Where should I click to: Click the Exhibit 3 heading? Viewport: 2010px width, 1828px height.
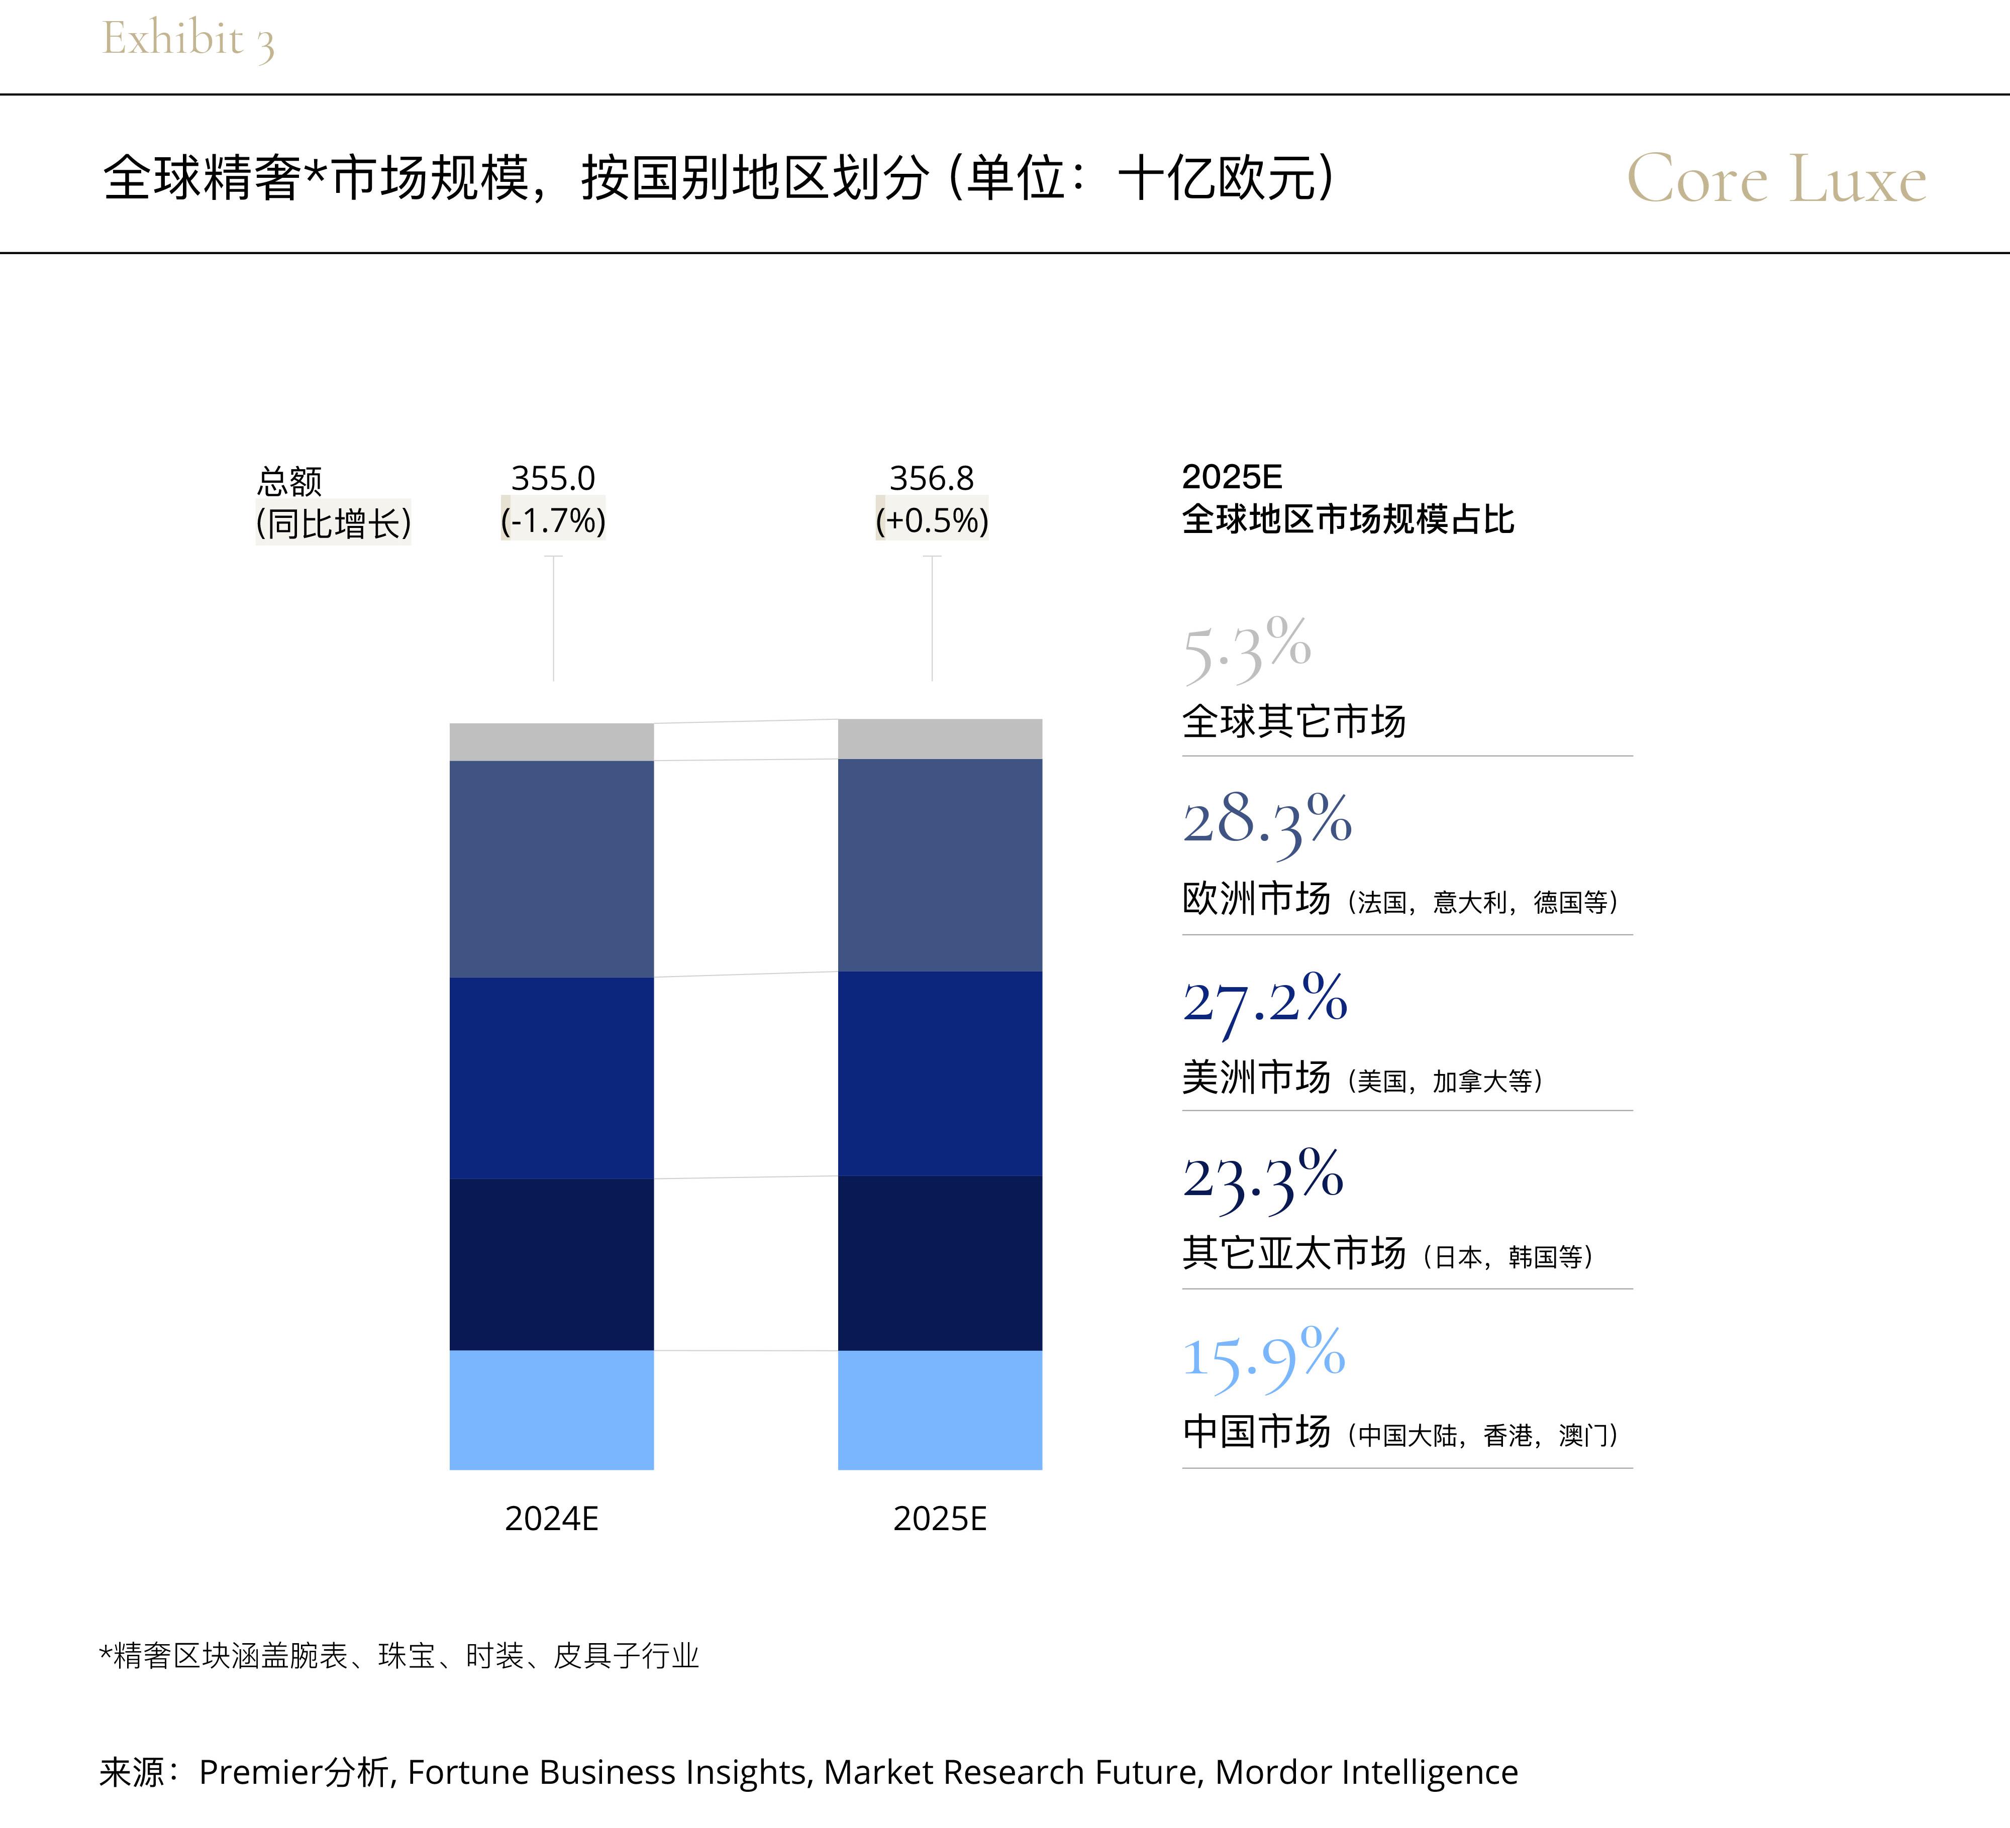coord(187,40)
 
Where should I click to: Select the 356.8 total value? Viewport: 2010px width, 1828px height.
coord(931,478)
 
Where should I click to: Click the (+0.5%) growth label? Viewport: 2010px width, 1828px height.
coord(931,520)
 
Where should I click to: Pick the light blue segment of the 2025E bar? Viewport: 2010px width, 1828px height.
coord(939,1410)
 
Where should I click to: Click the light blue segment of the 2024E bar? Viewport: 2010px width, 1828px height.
coord(551,1410)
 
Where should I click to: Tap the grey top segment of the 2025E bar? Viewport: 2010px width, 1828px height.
coord(939,738)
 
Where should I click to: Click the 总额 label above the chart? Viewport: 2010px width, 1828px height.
coord(289,481)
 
